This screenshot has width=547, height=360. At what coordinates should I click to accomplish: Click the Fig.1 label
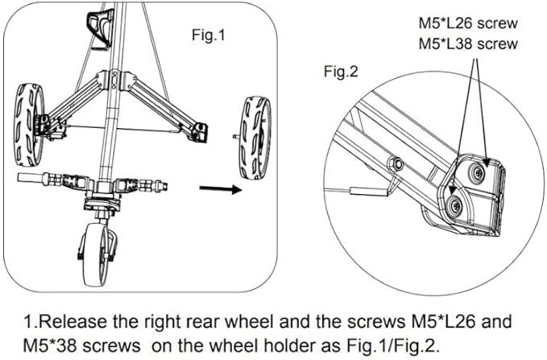coord(209,35)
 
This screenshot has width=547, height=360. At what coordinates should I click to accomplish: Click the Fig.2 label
coord(341,72)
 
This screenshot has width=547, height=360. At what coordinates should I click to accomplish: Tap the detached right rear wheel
coord(255,138)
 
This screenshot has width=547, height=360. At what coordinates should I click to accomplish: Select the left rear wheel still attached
coord(29,125)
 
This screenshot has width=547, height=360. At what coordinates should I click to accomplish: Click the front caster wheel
coord(97,254)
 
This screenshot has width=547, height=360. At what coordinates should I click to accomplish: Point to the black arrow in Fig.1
coord(221,189)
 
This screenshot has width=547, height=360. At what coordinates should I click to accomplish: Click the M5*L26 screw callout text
coord(468,23)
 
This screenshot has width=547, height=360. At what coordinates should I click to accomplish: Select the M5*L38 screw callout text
coord(468,44)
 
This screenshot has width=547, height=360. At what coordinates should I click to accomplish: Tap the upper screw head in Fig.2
coord(477,172)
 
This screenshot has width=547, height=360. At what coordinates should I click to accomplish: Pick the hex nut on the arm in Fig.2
coord(396,163)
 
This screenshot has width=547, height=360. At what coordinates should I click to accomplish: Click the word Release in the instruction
coord(73,321)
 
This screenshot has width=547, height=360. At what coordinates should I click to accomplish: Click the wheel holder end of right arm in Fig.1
coord(198,132)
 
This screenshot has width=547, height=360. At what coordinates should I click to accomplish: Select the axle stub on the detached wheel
coord(237,136)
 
